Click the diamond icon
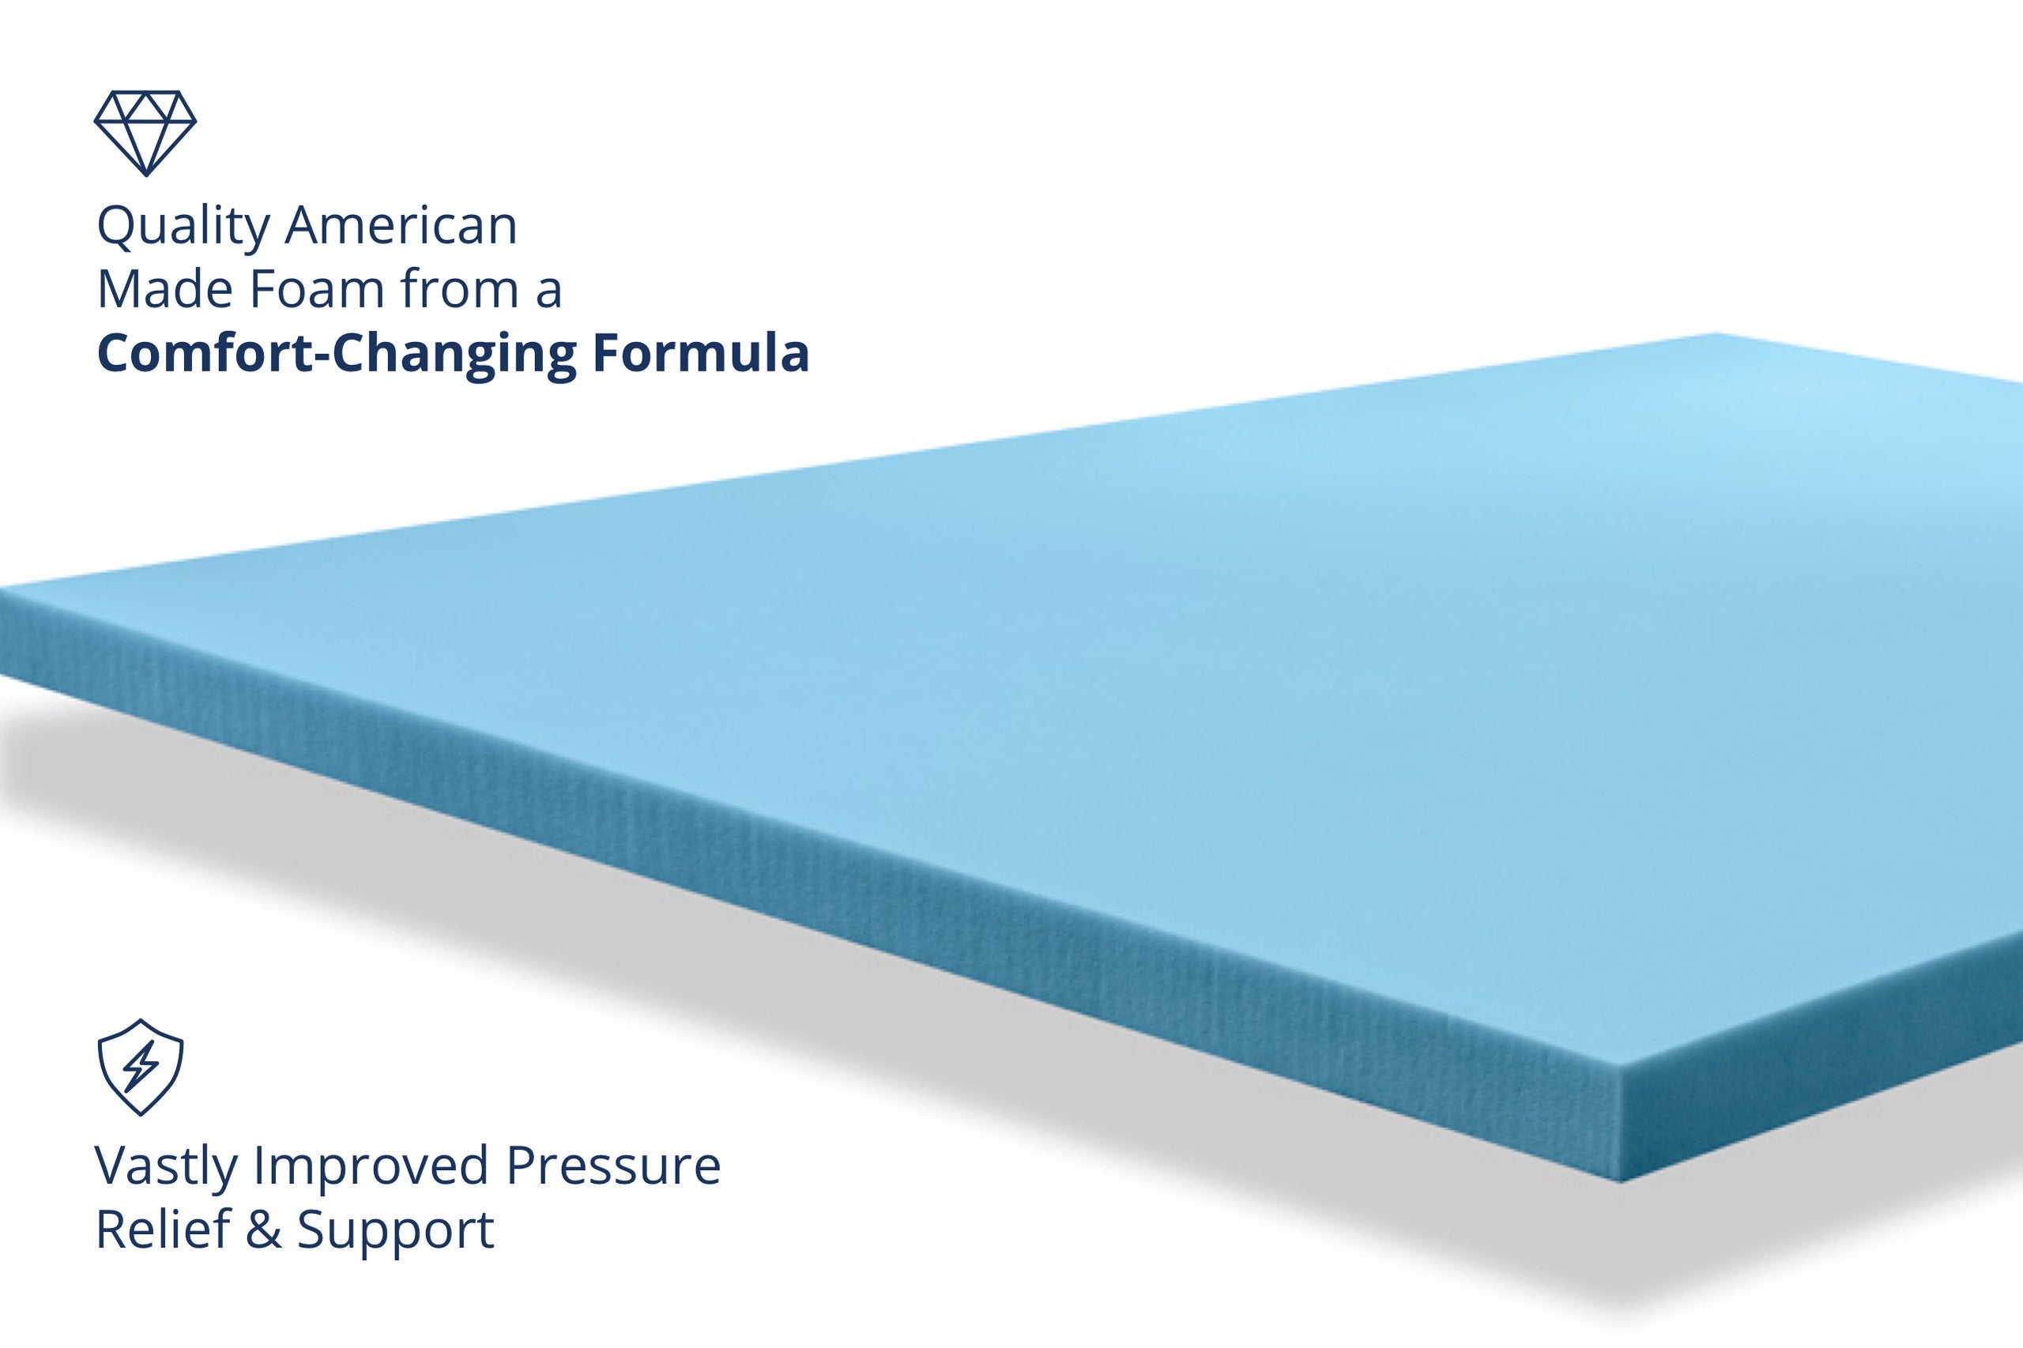[145, 133]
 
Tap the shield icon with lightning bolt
[140, 1067]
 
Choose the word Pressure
[613, 1165]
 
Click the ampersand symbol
[262, 1230]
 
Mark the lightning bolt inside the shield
[140, 1068]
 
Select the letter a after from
[547, 293]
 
